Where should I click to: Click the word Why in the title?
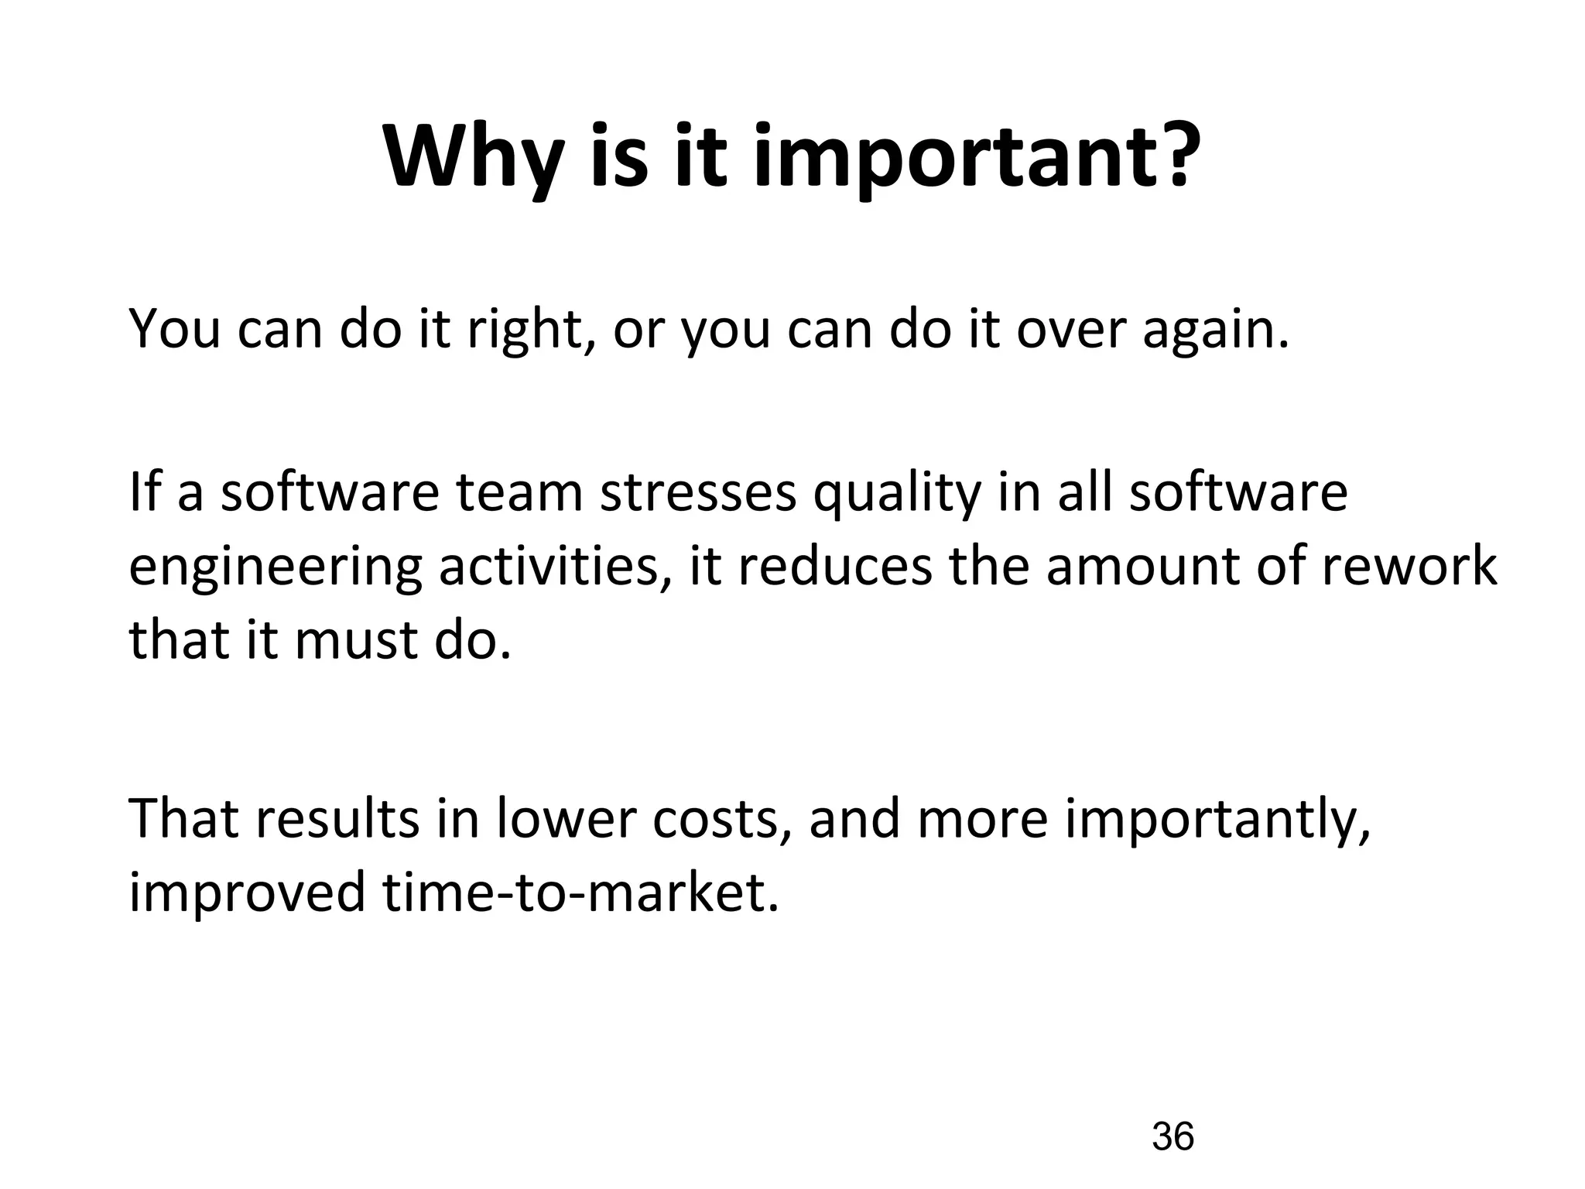tap(473, 159)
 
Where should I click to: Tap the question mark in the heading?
tap(1173, 155)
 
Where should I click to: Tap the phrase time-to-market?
tap(580, 893)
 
